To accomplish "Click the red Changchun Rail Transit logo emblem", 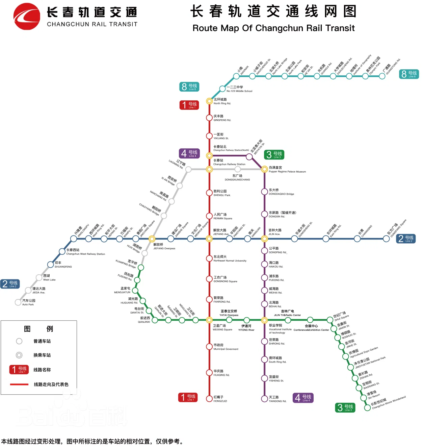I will tap(27, 17).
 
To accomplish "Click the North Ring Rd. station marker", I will tap(209, 101).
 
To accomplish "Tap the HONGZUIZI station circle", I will tap(209, 399).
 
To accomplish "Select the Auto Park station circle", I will tap(18, 302).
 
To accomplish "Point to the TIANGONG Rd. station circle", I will tap(265, 399).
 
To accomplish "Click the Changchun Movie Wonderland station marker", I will tap(368, 407).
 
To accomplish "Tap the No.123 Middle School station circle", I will tap(222, 89).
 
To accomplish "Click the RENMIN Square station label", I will tap(222, 216).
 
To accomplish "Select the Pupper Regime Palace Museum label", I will tap(287, 170).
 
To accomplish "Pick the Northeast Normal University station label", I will tap(230, 259).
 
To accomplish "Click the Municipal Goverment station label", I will tap(225, 347).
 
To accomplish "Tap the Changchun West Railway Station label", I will tap(85, 252).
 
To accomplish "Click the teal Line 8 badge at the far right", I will tap(409, 74).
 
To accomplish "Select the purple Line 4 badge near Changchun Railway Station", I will tap(189, 154).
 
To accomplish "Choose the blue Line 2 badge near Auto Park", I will tap(10, 284).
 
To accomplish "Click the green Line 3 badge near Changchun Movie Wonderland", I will tap(345, 408).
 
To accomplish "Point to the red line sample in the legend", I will tap(19, 384).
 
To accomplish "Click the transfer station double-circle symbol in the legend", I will tap(19, 355).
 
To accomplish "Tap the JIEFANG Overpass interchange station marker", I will tap(152, 239).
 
